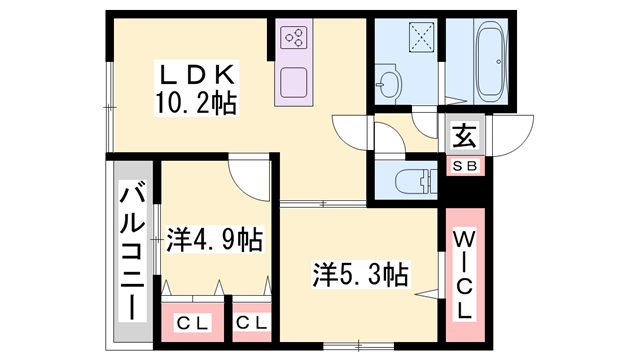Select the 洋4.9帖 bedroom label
tap(214, 240)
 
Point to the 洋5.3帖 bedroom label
tap(361, 272)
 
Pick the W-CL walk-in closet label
tap(465, 275)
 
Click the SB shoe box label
tap(466, 166)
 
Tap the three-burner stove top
tap(296, 38)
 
